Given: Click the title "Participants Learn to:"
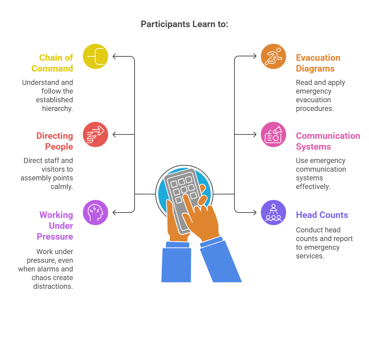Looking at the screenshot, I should tap(184, 24).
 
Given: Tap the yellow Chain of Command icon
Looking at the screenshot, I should tap(96, 56).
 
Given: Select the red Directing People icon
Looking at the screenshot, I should tap(96, 134).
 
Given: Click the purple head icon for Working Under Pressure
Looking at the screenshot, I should tap(96, 213).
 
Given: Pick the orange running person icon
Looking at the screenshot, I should tap(273, 56).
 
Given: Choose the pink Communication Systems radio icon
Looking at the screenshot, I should tap(273, 134).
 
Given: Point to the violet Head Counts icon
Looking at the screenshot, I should tap(273, 213).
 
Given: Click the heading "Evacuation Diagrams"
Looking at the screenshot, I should tap(318, 63).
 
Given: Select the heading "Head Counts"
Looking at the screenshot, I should tap(322, 215).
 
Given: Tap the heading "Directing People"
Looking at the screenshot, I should tap(55, 141).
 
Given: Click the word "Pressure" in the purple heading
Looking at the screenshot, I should tap(55, 236).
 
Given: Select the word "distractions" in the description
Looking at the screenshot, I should tap(53, 286).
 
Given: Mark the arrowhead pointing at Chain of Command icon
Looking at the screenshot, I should tap(114, 56).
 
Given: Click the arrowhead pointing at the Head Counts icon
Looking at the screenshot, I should tap(255, 213).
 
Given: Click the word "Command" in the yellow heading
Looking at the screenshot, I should tap(52, 68).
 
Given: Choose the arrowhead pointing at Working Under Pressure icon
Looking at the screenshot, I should tap(114, 213).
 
